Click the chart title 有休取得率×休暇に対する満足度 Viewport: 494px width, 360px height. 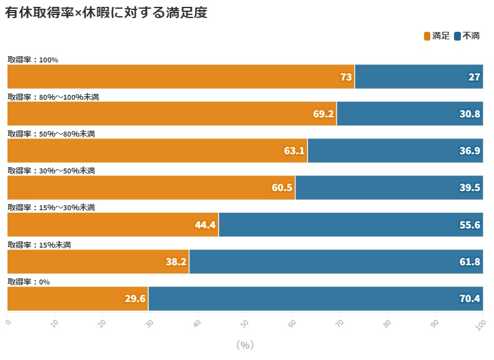tap(106, 13)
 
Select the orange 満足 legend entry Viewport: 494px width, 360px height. tap(437, 36)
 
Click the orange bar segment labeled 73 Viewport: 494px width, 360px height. tap(180, 77)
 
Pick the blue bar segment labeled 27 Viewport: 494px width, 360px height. tap(418, 77)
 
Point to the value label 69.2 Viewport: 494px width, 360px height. tap(324, 114)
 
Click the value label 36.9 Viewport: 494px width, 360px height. tap(470, 151)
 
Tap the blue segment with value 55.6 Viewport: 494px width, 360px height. tap(350, 225)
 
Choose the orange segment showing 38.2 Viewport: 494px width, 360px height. tap(98, 261)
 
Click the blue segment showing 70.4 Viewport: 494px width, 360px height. tap(315, 299)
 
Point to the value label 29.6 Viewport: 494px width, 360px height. tap(135, 299)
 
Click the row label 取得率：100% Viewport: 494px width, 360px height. tap(32, 60)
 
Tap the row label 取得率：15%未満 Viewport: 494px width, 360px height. tap(39, 245)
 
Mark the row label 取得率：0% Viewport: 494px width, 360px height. tap(28, 281)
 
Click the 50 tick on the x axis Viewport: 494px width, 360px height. tap(244, 323)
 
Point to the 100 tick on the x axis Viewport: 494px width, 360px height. tap(480, 324)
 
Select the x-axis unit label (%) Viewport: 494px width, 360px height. tap(245, 345)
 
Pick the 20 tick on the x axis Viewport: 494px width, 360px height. tap(102, 323)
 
